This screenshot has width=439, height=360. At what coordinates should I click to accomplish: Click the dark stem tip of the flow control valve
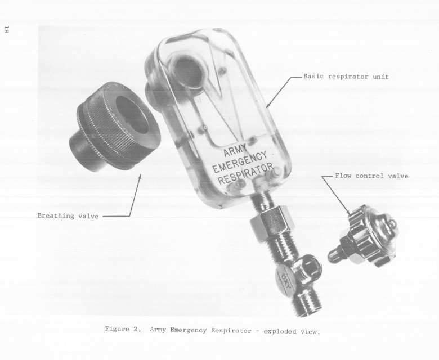click(332, 256)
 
